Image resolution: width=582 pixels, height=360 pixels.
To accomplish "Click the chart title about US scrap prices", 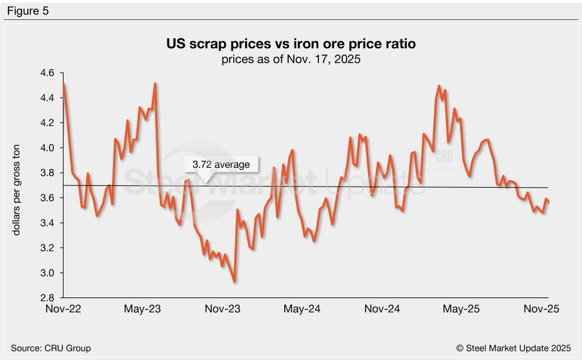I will [x=290, y=43].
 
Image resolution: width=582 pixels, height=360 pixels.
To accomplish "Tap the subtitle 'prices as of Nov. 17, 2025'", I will [x=290, y=59].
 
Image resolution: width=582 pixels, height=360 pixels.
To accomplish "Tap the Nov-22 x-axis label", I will [x=63, y=309].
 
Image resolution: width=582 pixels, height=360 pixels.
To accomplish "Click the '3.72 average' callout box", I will [x=221, y=165].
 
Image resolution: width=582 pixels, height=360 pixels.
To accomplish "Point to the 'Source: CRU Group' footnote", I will [x=51, y=347].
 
